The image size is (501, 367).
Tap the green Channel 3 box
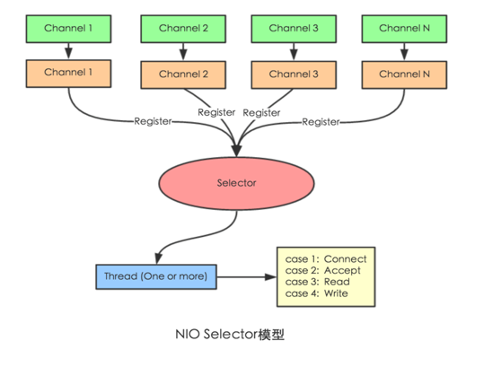(x=288, y=28)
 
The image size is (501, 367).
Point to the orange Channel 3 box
(x=288, y=73)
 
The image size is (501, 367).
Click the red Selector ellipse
(x=237, y=183)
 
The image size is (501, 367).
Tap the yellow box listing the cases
(x=326, y=275)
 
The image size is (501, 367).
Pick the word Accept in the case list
(x=344, y=270)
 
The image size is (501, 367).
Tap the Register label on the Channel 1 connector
(x=153, y=121)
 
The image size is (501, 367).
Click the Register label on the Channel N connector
(x=321, y=121)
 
